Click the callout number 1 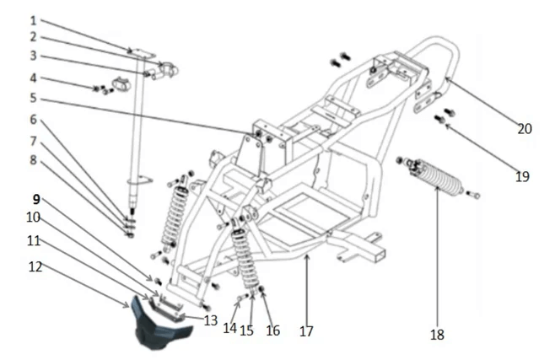click(x=33, y=20)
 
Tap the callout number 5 click(x=33, y=98)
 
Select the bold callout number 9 click(x=36, y=200)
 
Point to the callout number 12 click(x=35, y=266)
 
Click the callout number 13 click(x=211, y=320)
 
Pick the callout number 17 click(x=306, y=331)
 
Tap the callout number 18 click(x=438, y=335)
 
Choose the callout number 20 click(x=525, y=129)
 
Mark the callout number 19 click(x=522, y=176)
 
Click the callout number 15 click(x=246, y=330)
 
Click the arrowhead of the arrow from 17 click(x=307, y=256)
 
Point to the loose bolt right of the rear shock click(x=473, y=194)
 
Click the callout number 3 click(x=33, y=56)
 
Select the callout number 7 click(x=33, y=142)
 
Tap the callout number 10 click(x=33, y=218)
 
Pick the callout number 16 click(x=273, y=330)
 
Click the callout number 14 click(x=229, y=328)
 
